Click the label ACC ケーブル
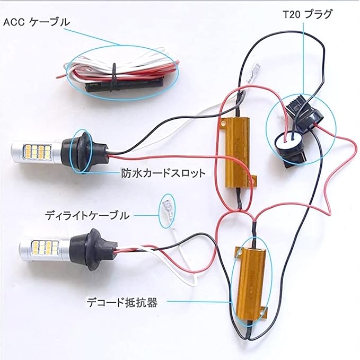(x=37, y=22)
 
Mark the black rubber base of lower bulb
(x=84, y=248)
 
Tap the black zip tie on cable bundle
(x=113, y=77)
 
